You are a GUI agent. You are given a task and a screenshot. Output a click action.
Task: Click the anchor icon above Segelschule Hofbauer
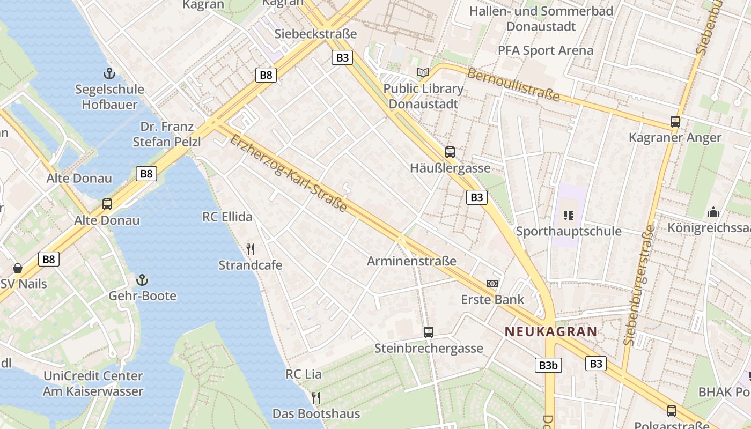109,73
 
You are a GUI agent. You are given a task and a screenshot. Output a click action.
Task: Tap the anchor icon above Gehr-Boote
142,279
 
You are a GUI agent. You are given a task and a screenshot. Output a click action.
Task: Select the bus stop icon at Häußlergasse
450,152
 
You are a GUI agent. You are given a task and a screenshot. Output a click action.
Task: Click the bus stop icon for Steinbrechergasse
428,332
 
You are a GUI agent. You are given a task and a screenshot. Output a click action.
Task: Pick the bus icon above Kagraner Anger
675,121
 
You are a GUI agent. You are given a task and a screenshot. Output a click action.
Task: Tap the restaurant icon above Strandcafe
250,249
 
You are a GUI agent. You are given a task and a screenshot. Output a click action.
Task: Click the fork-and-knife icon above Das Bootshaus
316,397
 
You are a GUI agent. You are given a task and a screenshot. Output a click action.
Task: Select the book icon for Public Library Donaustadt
423,72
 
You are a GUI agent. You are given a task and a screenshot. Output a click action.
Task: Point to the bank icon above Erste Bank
492,283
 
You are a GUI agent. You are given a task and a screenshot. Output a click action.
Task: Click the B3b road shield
548,365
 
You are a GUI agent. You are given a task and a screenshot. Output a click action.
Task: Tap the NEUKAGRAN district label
551,331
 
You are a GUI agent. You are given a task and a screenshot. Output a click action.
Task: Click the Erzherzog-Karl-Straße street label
288,173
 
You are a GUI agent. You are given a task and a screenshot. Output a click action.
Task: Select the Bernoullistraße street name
513,85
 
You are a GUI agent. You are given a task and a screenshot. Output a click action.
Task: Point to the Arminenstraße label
411,261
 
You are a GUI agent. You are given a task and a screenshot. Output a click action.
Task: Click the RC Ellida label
227,217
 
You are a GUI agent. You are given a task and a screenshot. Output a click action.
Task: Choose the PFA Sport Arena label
546,50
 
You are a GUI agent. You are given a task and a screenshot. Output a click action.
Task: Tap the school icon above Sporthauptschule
569,216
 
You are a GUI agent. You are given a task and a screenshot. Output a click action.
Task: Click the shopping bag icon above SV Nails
18,268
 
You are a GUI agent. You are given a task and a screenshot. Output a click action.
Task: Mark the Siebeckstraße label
315,34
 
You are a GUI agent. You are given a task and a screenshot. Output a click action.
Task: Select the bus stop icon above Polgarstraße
671,411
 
